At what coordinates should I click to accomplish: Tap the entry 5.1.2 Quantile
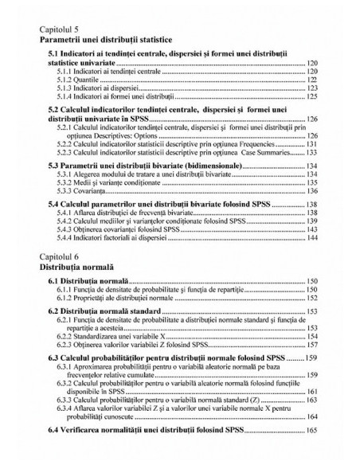[x=78, y=80]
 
